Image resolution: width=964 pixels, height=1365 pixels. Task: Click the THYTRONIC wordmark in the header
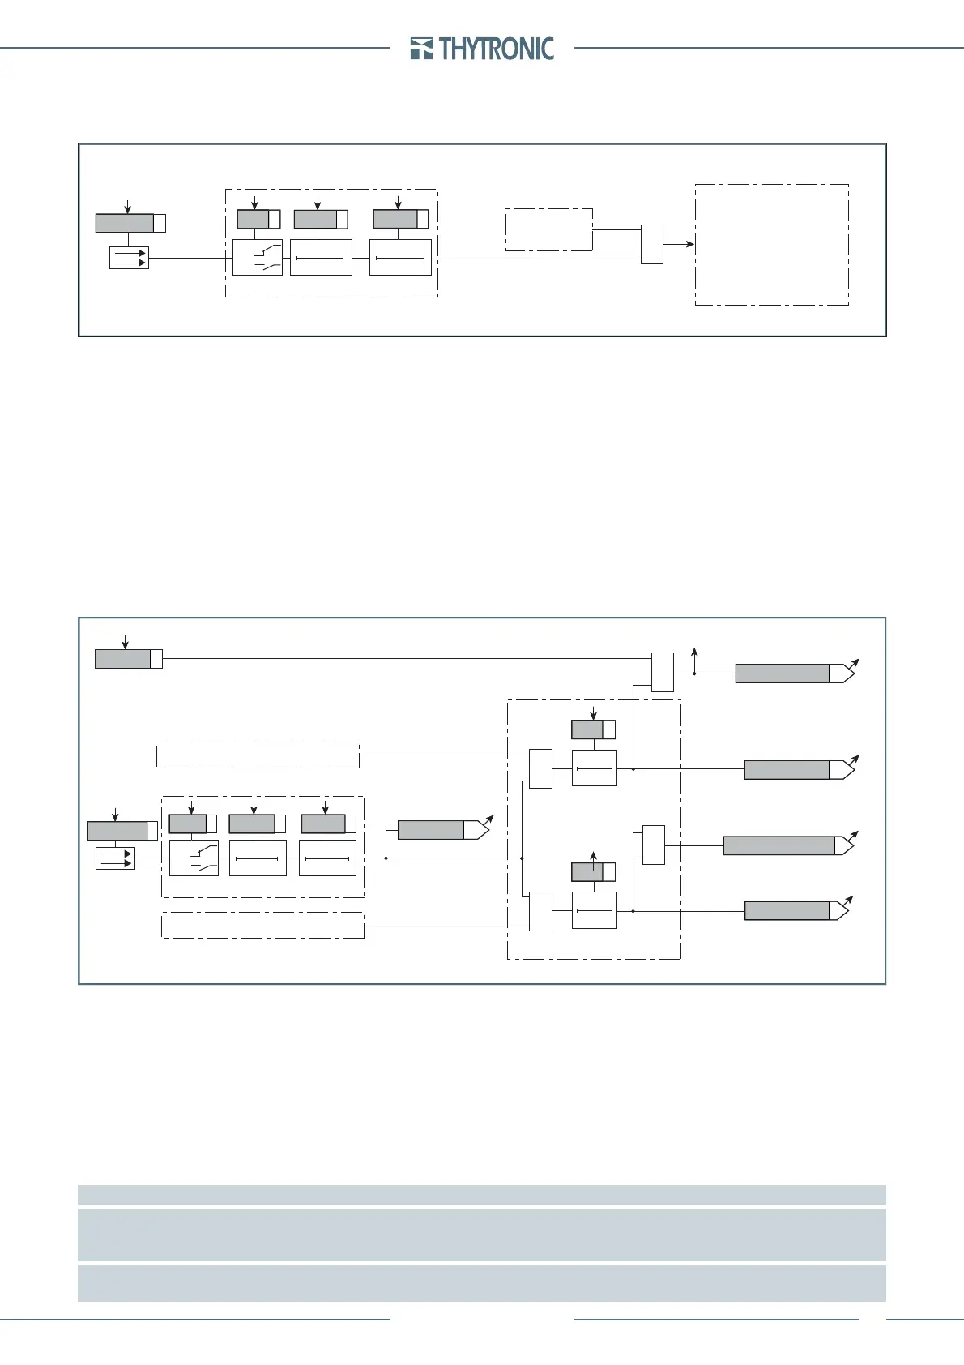(x=497, y=49)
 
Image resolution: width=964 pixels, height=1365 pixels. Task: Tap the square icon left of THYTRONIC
(x=421, y=49)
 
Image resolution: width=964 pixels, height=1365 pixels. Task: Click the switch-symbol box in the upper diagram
(x=258, y=258)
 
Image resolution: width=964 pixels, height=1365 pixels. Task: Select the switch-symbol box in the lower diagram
(x=194, y=858)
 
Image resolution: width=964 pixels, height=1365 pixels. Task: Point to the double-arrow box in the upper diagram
(x=129, y=259)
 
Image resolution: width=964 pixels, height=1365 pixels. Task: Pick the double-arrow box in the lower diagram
(x=115, y=858)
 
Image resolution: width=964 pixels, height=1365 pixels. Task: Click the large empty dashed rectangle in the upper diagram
(x=771, y=245)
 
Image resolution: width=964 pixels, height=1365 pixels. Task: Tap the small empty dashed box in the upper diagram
(x=548, y=229)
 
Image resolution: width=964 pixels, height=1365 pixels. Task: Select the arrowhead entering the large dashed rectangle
(x=689, y=244)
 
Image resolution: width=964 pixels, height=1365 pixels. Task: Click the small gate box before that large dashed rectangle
(x=651, y=244)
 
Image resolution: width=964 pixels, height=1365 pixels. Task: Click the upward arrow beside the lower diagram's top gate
(x=693, y=653)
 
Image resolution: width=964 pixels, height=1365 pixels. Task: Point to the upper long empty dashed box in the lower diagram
(x=257, y=755)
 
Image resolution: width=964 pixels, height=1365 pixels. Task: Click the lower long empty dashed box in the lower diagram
(x=262, y=925)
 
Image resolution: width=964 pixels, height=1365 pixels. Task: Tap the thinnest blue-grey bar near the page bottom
(x=481, y=1195)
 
